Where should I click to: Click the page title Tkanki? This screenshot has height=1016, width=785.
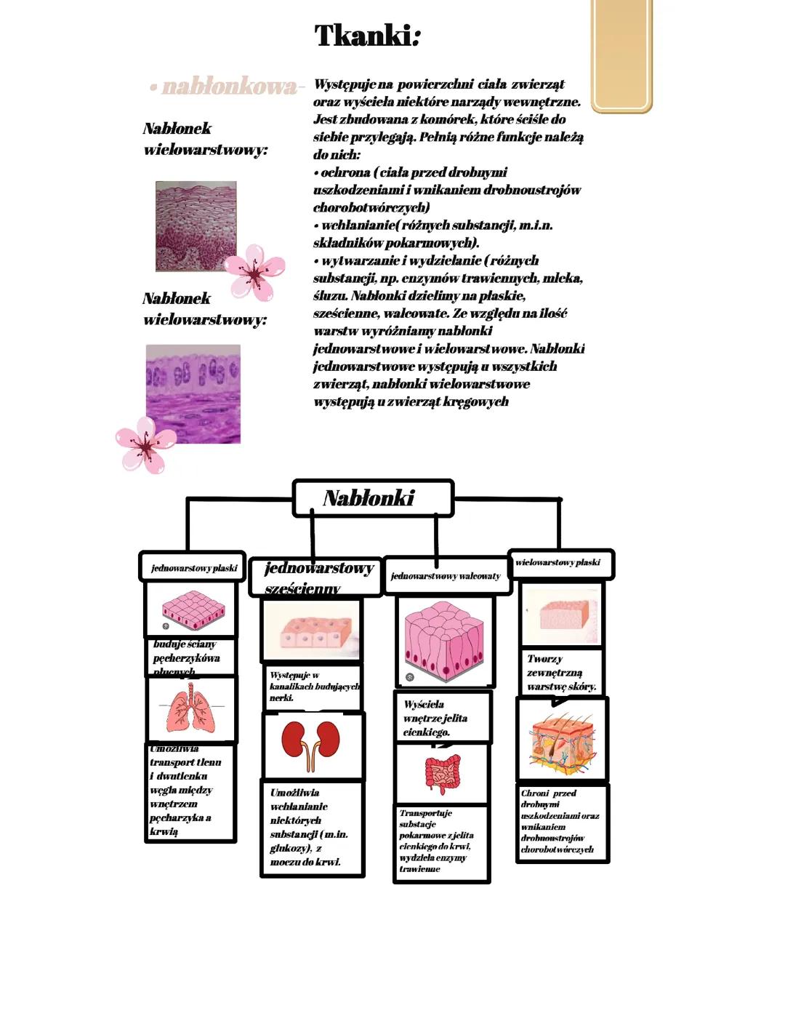pos(367,36)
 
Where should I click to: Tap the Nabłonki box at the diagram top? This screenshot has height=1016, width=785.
pos(373,498)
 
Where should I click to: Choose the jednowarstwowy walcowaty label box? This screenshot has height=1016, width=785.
pos(446,576)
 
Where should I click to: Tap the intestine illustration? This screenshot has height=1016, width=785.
pos(443,774)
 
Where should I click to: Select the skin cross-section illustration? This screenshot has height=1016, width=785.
pos(562,740)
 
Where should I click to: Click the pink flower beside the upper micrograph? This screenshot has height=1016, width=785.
pos(254,272)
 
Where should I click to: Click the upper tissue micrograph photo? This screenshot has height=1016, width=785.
pos(196,226)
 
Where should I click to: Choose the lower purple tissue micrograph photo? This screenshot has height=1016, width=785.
pos(193,394)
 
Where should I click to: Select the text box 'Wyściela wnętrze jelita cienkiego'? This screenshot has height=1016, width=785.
pos(443,717)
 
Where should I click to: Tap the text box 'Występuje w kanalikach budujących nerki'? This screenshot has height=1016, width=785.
pos(312,686)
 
